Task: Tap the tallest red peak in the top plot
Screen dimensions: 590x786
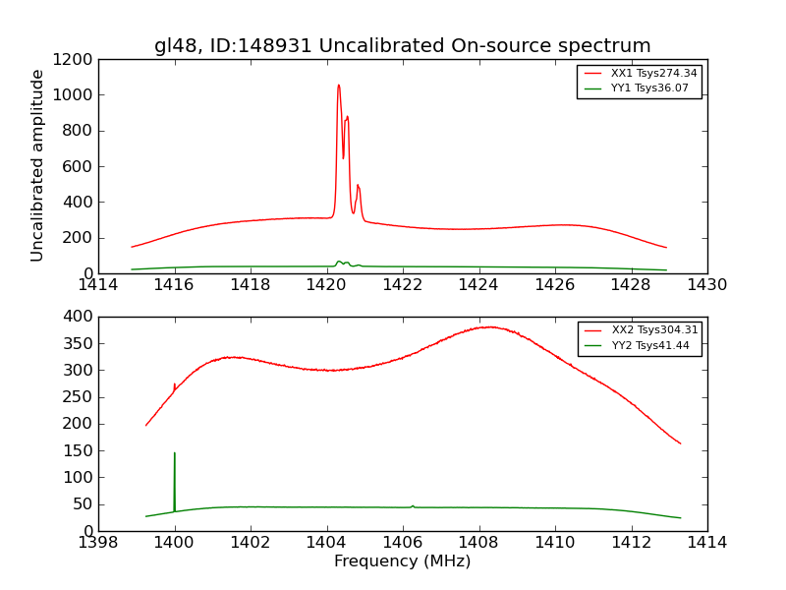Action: (x=338, y=86)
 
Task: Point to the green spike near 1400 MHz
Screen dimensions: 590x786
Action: (x=175, y=454)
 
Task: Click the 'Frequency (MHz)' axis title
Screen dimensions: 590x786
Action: (x=402, y=561)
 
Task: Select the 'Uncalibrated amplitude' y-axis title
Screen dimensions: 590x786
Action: (x=38, y=165)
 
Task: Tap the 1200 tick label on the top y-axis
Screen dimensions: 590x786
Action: (x=76, y=60)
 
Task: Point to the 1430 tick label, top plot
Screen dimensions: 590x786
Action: (x=706, y=285)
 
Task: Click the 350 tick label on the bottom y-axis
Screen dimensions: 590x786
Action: (x=80, y=344)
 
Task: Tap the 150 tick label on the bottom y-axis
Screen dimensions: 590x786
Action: (x=80, y=451)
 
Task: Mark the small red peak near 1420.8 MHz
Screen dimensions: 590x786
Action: (x=358, y=186)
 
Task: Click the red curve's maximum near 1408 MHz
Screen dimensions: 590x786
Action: (x=488, y=326)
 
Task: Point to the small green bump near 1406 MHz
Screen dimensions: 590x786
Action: (x=413, y=505)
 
